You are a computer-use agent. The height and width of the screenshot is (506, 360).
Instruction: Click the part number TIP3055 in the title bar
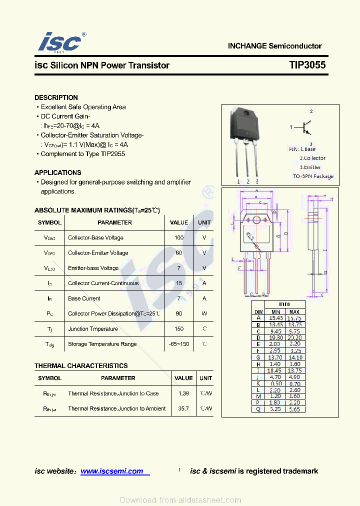pyautogui.click(x=307, y=65)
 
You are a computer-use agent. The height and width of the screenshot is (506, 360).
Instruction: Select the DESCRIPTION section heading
pyautogui.click(x=56, y=97)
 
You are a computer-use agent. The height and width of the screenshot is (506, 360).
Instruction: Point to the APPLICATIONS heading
pyautogui.click(x=58, y=172)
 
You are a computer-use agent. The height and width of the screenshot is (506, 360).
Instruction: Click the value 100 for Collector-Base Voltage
pyautogui.click(x=179, y=238)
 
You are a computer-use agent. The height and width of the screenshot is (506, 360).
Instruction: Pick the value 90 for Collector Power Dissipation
pyautogui.click(x=179, y=314)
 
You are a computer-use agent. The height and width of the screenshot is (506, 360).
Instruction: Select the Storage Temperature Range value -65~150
pyautogui.click(x=179, y=344)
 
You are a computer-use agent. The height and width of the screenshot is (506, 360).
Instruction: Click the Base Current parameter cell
pyautogui.click(x=84, y=298)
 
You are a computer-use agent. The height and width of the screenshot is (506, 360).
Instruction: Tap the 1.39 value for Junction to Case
pyautogui.click(x=183, y=393)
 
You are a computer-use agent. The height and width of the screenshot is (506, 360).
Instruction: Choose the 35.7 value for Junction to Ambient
pyautogui.click(x=183, y=409)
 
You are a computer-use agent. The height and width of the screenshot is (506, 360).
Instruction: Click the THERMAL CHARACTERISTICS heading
pyautogui.click(x=81, y=366)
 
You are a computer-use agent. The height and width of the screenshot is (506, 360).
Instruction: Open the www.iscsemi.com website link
pyautogui.click(x=112, y=471)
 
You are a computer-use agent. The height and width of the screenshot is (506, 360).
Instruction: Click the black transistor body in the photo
pyautogui.click(x=244, y=123)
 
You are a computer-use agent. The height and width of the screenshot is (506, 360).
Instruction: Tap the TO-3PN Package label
pyautogui.click(x=313, y=176)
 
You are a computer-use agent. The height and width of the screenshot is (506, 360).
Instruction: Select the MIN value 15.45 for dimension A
pyautogui.click(x=276, y=318)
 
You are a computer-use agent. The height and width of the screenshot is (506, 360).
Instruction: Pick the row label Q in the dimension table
pyautogui.click(x=258, y=409)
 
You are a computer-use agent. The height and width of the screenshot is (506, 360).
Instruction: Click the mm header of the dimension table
pyautogui.click(x=284, y=304)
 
